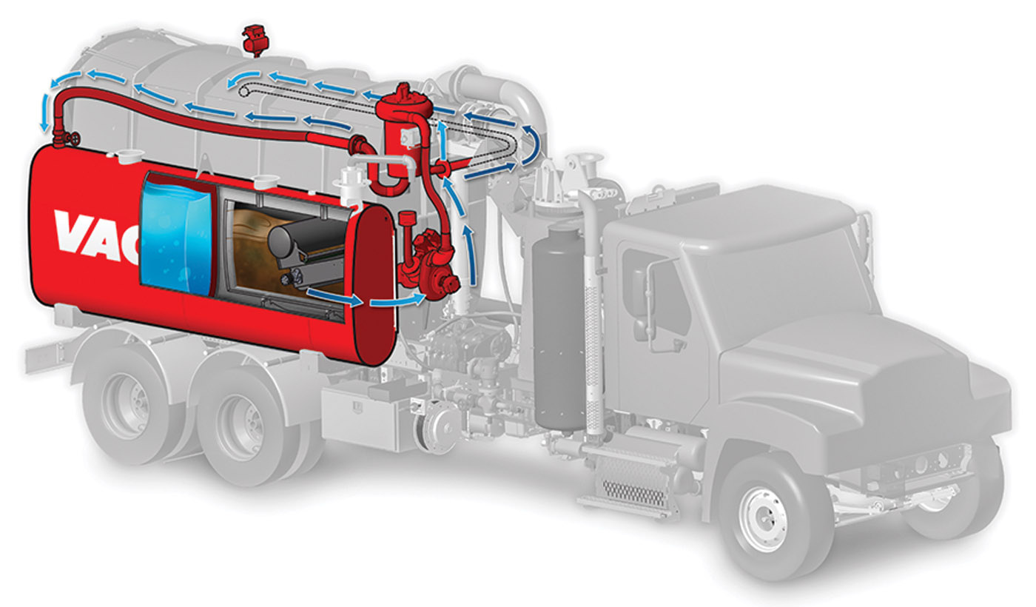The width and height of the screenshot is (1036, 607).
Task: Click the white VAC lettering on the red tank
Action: tap(98, 236)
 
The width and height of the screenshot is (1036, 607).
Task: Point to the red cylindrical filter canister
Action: tap(404, 134)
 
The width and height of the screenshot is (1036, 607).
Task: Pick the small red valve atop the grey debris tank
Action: tap(255, 39)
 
